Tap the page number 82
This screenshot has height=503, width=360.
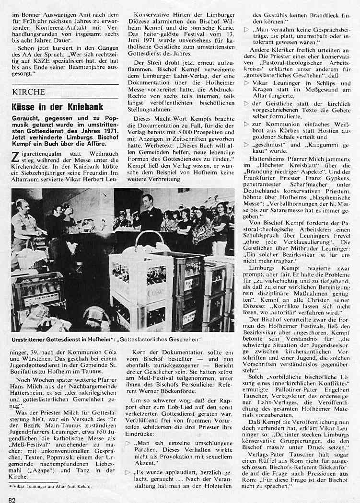point(12,498)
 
